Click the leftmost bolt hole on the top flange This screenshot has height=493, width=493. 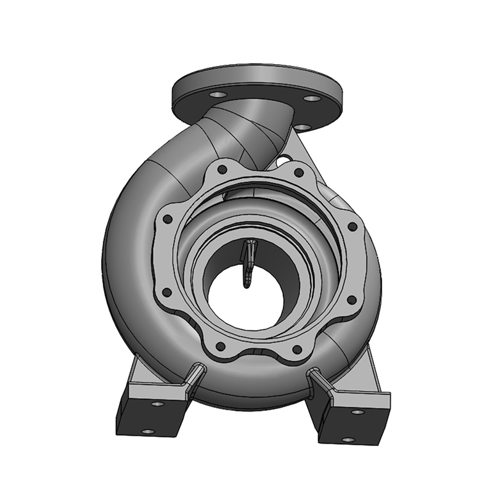[x=218, y=95]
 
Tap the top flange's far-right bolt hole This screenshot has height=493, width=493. [x=312, y=98]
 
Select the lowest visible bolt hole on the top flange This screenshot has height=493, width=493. [x=302, y=128]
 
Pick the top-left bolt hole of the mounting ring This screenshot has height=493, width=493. [x=222, y=168]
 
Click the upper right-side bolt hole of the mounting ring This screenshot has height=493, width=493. [x=352, y=227]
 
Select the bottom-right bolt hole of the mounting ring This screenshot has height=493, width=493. [x=296, y=349]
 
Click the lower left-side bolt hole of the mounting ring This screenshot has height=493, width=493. [x=166, y=291]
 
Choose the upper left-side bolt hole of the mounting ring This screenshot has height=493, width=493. [x=166, y=218]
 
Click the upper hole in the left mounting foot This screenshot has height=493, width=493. [x=158, y=404]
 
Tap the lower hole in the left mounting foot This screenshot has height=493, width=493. [x=145, y=431]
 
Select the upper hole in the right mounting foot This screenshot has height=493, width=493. [x=356, y=411]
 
